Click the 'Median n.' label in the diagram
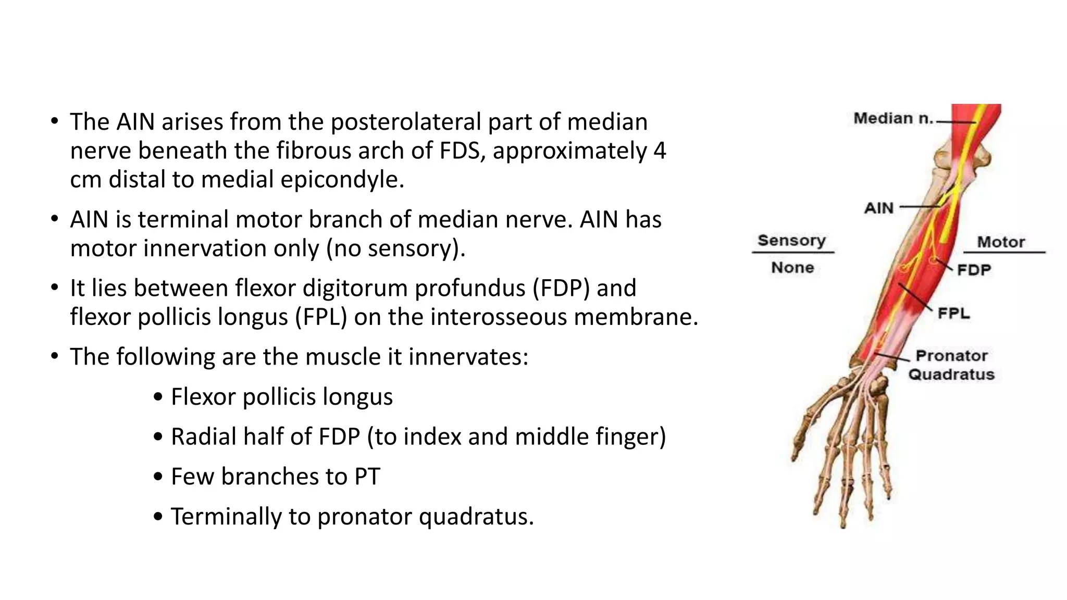[x=892, y=119]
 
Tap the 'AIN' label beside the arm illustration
[x=879, y=208]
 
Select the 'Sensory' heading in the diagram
[x=791, y=241]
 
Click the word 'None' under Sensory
[x=792, y=268]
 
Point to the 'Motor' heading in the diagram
[x=1000, y=242]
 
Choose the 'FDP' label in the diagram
[x=974, y=270]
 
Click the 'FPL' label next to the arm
[x=953, y=314]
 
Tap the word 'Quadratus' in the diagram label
[x=951, y=374]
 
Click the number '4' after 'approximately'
[x=659, y=151]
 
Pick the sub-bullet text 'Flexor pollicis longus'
[x=281, y=397]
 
